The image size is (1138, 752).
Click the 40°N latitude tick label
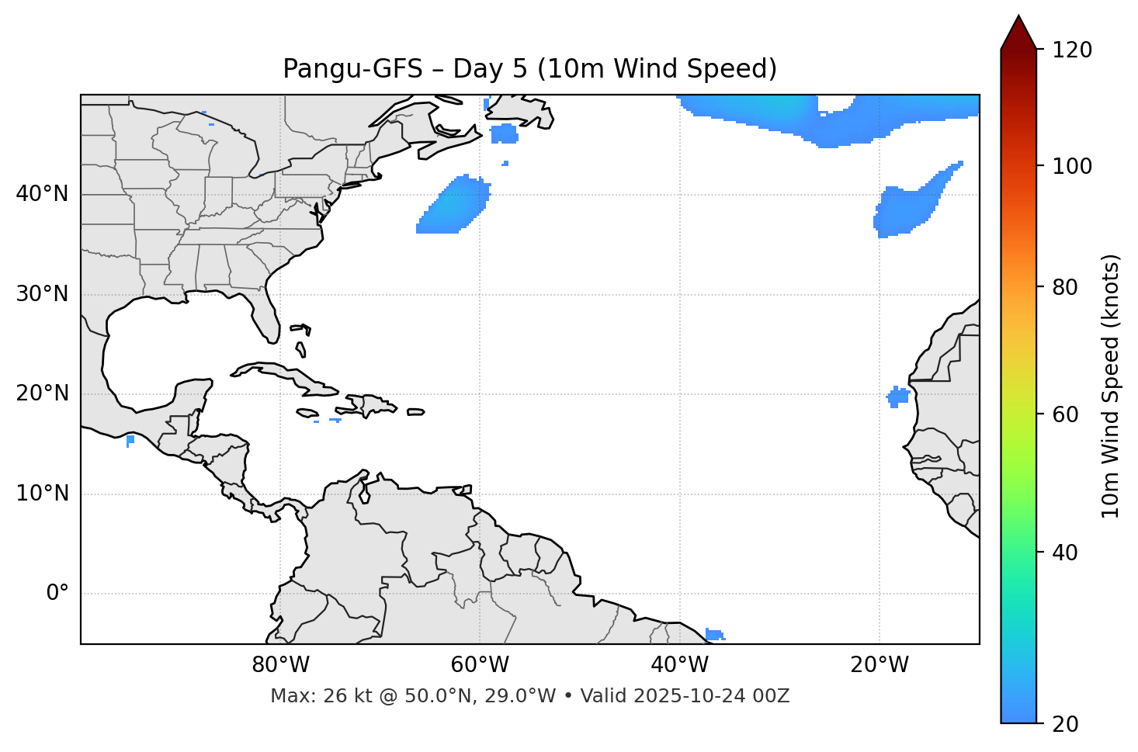42,194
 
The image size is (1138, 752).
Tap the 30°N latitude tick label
42,294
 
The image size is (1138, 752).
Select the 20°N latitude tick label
42,393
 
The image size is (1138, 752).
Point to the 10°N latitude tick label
42,494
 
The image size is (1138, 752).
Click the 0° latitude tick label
57,594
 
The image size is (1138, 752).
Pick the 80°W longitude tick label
280,665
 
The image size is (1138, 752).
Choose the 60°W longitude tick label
480,665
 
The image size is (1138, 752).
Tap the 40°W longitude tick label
679,665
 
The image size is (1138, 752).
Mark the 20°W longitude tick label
879,665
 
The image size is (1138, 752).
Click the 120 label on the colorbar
1072,50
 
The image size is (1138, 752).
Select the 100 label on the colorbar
1072,166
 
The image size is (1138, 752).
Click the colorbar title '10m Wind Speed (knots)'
1111,386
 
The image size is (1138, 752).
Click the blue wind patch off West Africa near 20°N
898,397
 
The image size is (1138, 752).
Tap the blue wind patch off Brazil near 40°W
714,634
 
